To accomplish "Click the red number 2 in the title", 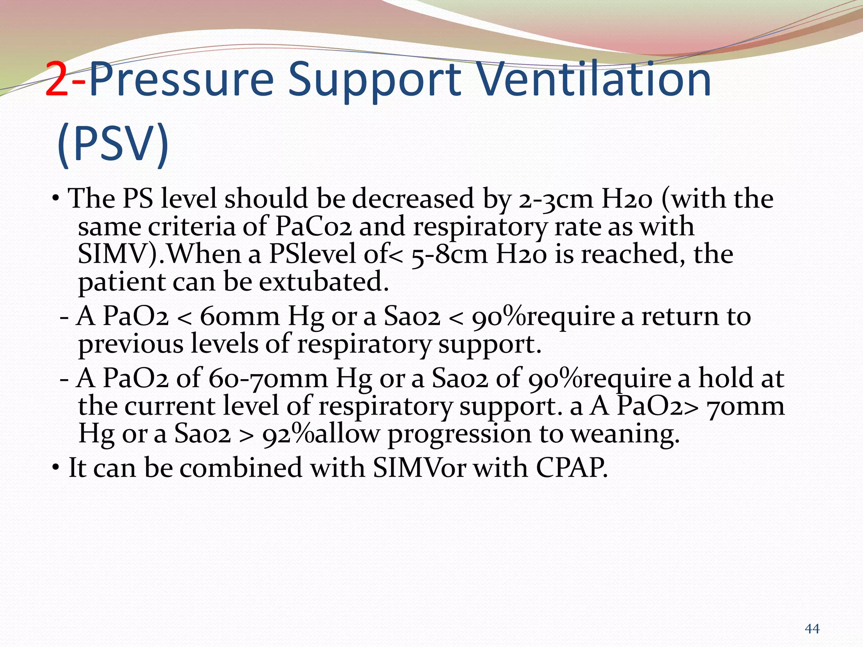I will (57, 79).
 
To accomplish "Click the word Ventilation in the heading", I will (595, 79).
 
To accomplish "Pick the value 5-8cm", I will (449, 255).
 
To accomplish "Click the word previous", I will (131, 345).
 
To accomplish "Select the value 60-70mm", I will (268, 378).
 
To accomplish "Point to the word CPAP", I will (572, 468).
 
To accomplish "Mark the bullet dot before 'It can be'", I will (56, 468).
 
